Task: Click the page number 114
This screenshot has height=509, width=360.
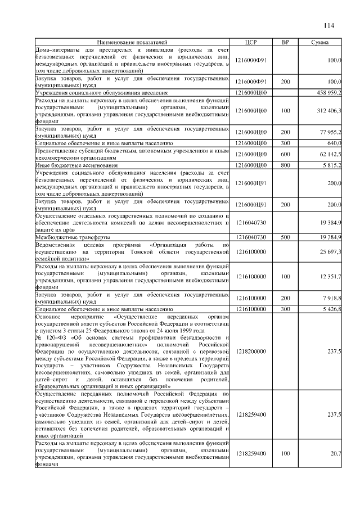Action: [x=328, y=25]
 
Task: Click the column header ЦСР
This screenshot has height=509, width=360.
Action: [x=251, y=43]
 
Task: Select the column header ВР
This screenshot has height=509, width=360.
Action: [x=285, y=43]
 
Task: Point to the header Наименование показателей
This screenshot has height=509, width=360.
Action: [x=132, y=43]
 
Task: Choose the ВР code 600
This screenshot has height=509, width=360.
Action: [x=285, y=154]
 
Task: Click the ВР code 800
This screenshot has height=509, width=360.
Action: [x=285, y=165]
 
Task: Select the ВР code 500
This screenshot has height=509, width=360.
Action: [x=285, y=238]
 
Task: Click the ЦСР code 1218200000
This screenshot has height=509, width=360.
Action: [x=251, y=352]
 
